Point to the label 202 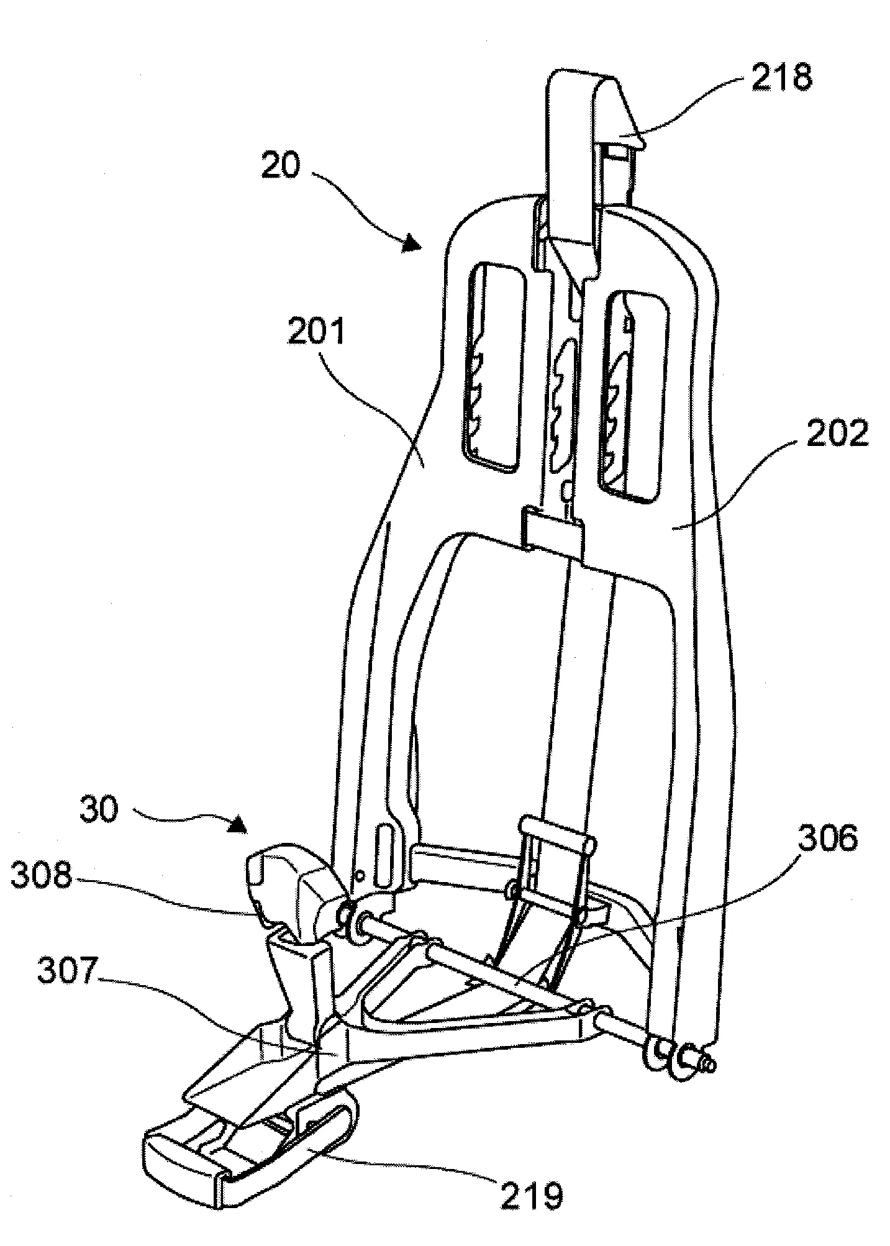(x=836, y=434)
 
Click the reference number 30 (x=99, y=811)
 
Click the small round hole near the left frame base (x=359, y=875)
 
